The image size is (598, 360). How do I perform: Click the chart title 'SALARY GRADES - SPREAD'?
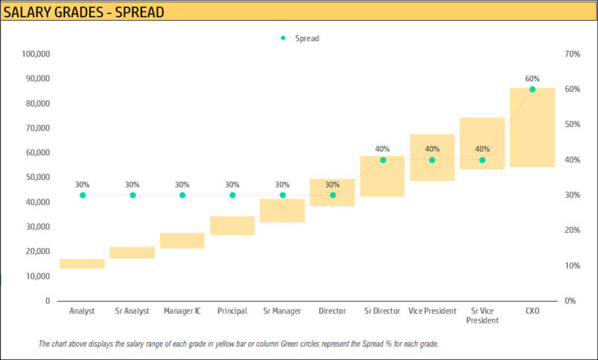click(x=84, y=13)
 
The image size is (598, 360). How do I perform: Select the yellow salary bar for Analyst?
click(x=82, y=264)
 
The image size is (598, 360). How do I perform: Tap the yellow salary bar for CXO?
click(x=532, y=127)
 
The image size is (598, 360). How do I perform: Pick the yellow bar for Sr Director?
click(x=382, y=176)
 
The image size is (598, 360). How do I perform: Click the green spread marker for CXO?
click(x=532, y=89)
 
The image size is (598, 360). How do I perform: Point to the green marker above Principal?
click(x=232, y=195)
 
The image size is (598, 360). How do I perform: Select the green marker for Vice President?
click(x=432, y=160)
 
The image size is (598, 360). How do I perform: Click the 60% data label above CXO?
click(x=532, y=78)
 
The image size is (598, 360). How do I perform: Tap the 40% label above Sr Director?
click(x=382, y=149)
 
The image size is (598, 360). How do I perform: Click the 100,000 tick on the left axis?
click(x=36, y=54)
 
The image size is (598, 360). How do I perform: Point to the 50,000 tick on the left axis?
click(x=37, y=177)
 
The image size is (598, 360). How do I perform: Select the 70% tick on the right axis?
click(x=573, y=54)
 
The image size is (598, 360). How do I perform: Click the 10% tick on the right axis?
click(x=573, y=265)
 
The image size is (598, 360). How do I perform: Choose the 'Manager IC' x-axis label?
click(x=182, y=311)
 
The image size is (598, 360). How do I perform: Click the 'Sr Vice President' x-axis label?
click(x=482, y=315)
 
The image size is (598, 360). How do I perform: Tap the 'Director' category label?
click(x=332, y=311)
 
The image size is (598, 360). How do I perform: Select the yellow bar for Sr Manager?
click(x=283, y=211)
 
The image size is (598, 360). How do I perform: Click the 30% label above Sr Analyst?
click(x=132, y=184)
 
